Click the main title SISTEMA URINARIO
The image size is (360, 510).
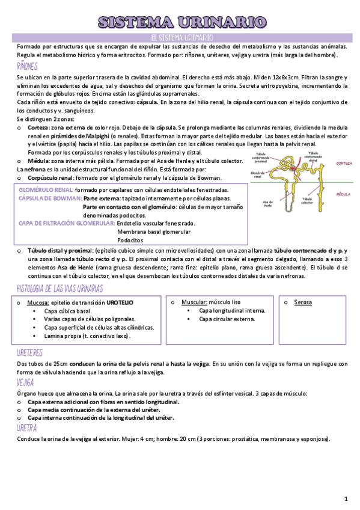pos(182,23)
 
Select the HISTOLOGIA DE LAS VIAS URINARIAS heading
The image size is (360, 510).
pos(60,289)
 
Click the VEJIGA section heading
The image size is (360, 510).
pos(25,382)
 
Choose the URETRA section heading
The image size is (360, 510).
pos(27,428)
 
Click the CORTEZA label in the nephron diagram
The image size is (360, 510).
pos(344,164)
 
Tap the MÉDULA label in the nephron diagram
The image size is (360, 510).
pos(343,195)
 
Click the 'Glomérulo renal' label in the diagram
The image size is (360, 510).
pos(258,175)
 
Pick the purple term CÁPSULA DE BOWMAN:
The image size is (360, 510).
pos(50,198)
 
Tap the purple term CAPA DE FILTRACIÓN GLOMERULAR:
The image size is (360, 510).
pos(66,223)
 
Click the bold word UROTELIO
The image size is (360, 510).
pos(120,302)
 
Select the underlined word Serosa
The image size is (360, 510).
pos(303,302)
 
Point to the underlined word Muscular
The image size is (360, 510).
pos(192,302)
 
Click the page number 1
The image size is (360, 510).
pos(346,499)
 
